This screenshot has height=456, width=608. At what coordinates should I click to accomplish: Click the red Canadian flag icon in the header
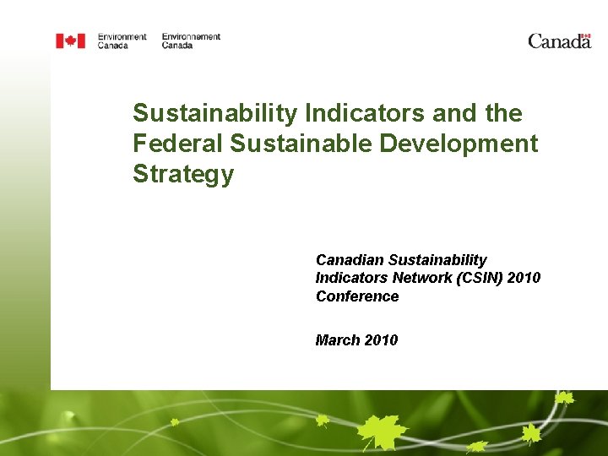[x=70, y=41]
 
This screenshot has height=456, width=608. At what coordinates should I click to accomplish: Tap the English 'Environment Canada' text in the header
[x=122, y=41]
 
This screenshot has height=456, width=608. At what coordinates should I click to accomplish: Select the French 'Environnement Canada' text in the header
[x=191, y=41]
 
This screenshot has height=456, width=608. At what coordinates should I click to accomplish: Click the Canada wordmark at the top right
[x=559, y=41]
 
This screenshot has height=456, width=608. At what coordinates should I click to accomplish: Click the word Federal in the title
[x=178, y=144]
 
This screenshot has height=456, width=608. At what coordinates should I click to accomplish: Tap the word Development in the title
[x=459, y=144]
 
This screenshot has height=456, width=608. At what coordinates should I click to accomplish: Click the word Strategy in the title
[x=182, y=174]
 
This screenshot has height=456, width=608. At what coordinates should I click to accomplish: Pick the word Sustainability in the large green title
[x=214, y=113]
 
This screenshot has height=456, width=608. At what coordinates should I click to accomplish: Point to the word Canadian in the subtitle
[x=350, y=260]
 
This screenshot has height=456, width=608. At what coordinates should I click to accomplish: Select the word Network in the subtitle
[x=424, y=278]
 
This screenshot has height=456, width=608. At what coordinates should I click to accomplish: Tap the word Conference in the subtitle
[x=357, y=296]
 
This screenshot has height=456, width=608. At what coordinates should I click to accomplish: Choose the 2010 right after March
[x=381, y=339]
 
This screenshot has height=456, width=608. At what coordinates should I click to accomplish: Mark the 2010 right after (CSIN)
[x=527, y=278]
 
